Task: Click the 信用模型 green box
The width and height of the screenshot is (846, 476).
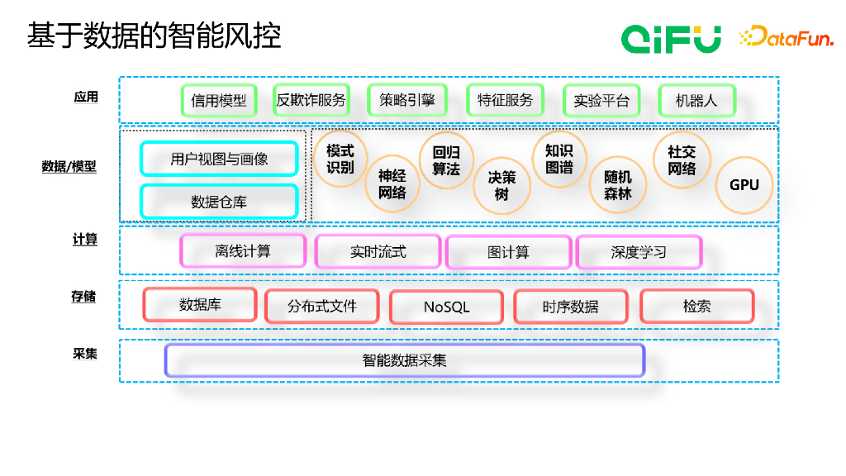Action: click(x=218, y=100)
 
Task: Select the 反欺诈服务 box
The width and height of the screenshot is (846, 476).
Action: click(x=311, y=100)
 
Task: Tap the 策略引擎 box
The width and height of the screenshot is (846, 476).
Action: click(x=406, y=100)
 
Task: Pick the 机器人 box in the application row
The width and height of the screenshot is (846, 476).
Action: click(x=696, y=100)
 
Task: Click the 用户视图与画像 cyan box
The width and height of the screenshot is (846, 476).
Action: click(x=219, y=159)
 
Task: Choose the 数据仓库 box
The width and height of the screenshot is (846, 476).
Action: click(x=219, y=202)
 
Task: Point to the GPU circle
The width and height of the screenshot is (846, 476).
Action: click(x=744, y=185)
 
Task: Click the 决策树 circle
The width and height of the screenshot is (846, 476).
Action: click(x=501, y=186)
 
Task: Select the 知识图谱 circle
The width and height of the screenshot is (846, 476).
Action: click(x=559, y=159)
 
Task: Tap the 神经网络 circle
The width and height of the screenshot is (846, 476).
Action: click(x=392, y=184)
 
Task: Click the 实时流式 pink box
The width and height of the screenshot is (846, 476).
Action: click(x=378, y=251)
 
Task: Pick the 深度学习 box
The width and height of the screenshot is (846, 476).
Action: click(x=639, y=252)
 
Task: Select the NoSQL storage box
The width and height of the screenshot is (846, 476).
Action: click(x=447, y=307)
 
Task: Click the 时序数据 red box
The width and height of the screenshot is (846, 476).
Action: click(x=570, y=307)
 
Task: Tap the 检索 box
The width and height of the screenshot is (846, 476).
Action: click(x=697, y=307)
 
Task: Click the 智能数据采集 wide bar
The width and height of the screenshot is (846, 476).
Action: click(x=405, y=360)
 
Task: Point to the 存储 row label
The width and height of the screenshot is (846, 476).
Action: click(x=83, y=297)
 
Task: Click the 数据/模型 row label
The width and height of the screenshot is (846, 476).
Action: click(x=69, y=166)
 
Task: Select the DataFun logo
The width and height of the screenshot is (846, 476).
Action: click(x=787, y=36)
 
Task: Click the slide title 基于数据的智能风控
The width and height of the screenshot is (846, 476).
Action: click(x=154, y=36)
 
